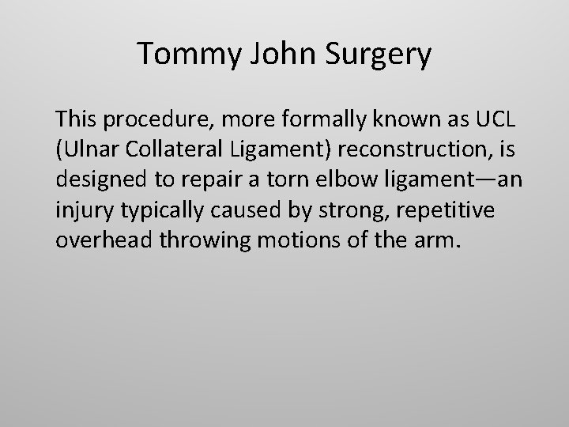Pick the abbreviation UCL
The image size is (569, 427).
click(496, 120)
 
